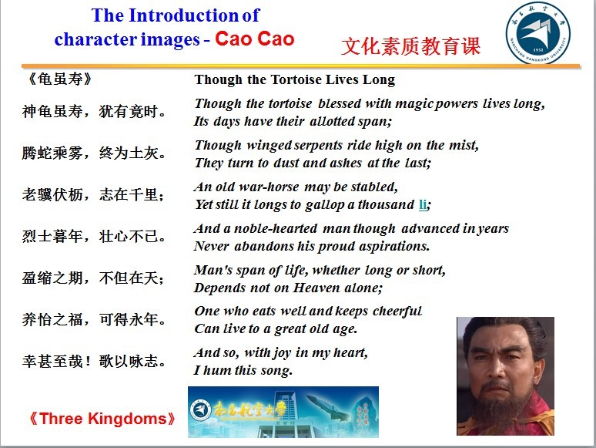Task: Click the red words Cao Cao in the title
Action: [x=255, y=39]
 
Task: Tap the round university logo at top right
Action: [x=537, y=32]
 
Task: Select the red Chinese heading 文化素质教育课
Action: [x=411, y=46]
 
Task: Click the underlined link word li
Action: [x=423, y=204]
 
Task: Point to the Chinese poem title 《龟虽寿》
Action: [x=59, y=79]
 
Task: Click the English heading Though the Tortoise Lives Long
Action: [x=295, y=79]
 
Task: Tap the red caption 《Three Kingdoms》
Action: [x=102, y=418]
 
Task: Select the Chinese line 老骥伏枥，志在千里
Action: [x=93, y=194]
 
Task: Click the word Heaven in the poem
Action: [x=316, y=288]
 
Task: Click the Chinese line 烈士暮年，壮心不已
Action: [x=94, y=236]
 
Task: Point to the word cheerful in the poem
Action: [x=397, y=311]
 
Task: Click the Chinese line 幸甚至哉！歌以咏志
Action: [x=94, y=361]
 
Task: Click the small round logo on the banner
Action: [x=200, y=410]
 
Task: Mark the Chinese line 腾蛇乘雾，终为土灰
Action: [x=94, y=153]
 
